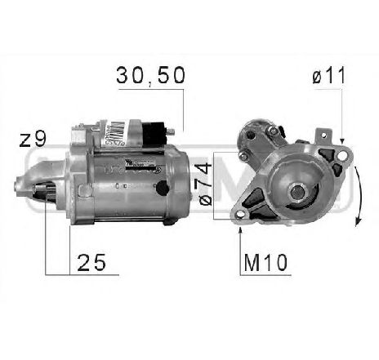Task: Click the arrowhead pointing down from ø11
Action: pos(343,140)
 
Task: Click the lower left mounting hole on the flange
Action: pos(242,214)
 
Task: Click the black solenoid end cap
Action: pos(156,131)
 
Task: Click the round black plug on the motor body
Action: pos(162,189)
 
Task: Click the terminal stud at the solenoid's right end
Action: pos(172,131)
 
